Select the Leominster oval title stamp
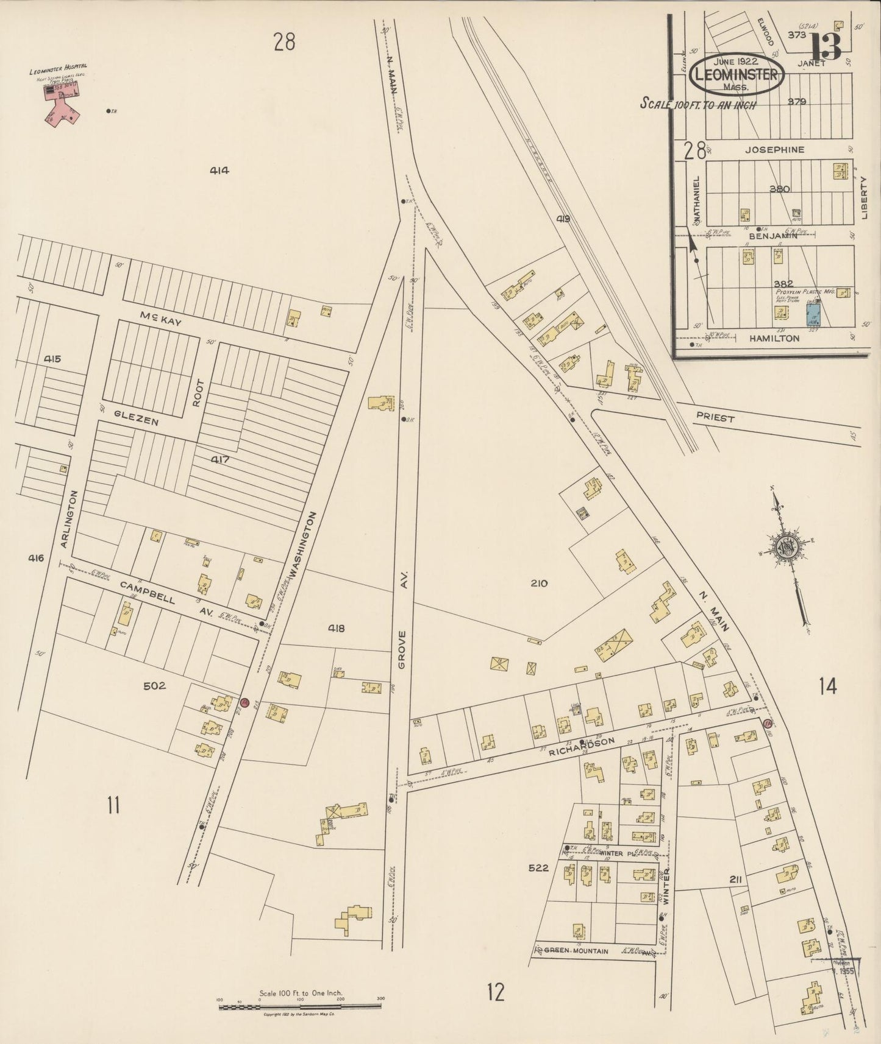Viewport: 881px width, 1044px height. click(737, 76)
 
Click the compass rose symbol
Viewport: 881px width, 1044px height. click(787, 545)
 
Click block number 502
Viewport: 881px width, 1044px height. click(154, 686)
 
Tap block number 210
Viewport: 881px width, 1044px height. click(539, 583)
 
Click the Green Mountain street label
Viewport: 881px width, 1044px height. click(576, 950)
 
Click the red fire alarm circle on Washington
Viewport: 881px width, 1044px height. click(244, 702)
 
